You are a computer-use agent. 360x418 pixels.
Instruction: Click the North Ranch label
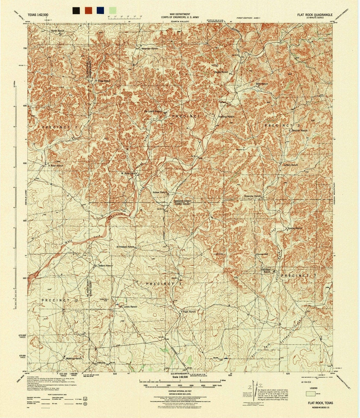(57, 31)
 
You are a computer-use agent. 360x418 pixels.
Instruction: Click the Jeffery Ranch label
(290, 165)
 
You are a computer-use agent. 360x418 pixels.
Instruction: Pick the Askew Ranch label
(159, 193)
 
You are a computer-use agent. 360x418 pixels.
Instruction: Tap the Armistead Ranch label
(125, 247)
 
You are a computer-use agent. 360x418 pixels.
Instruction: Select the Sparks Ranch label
(295, 228)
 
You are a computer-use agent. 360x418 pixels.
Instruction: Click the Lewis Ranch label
(130, 307)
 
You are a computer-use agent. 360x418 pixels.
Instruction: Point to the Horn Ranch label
(189, 312)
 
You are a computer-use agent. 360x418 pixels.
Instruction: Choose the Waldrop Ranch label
(74, 358)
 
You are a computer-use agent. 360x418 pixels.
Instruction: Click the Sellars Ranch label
(105, 265)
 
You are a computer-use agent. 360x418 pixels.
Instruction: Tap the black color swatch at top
(76, 10)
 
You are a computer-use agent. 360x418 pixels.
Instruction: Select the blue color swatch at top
(100, 10)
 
